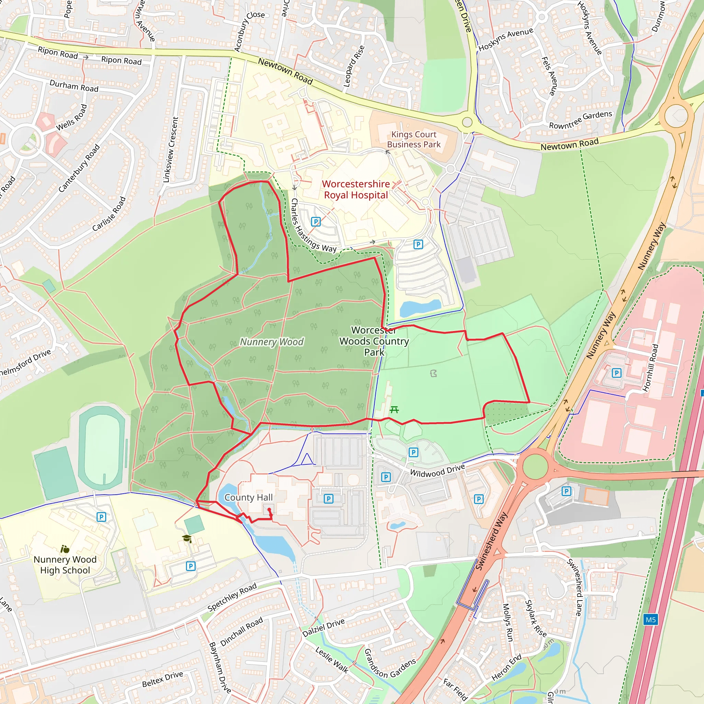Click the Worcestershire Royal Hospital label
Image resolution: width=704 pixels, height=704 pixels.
pyautogui.click(x=356, y=189)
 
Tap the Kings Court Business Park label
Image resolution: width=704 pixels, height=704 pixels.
pyautogui.click(x=414, y=140)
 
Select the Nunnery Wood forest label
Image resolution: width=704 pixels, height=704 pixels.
pyautogui.click(x=272, y=342)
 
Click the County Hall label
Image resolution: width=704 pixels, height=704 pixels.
pyautogui.click(x=248, y=497)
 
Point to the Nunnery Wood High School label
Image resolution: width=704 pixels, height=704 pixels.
pyautogui.click(x=65, y=564)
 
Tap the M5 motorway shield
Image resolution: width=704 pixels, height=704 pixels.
pyautogui.click(x=650, y=619)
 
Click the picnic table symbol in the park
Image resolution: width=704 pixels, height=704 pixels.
pyautogui.click(x=394, y=410)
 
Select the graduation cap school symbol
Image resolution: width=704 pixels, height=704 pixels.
pyautogui.click(x=187, y=538)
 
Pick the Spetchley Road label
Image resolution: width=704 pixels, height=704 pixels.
pyautogui.click(x=232, y=596)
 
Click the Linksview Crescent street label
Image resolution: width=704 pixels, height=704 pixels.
pyautogui.click(x=170, y=150)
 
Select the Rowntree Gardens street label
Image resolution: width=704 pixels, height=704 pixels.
pyautogui.click(x=581, y=120)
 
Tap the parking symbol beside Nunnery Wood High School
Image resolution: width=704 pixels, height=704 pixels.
pyautogui.click(x=101, y=517)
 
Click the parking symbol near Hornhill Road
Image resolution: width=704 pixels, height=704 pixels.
pyautogui.click(x=617, y=373)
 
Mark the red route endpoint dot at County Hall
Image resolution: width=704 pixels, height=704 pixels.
pyautogui.click(x=269, y=509)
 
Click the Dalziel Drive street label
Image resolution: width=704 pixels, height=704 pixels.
pyautogui.click(x=323, y=628)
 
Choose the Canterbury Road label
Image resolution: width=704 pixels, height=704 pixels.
pyautogui.click(x=79, y=168)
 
